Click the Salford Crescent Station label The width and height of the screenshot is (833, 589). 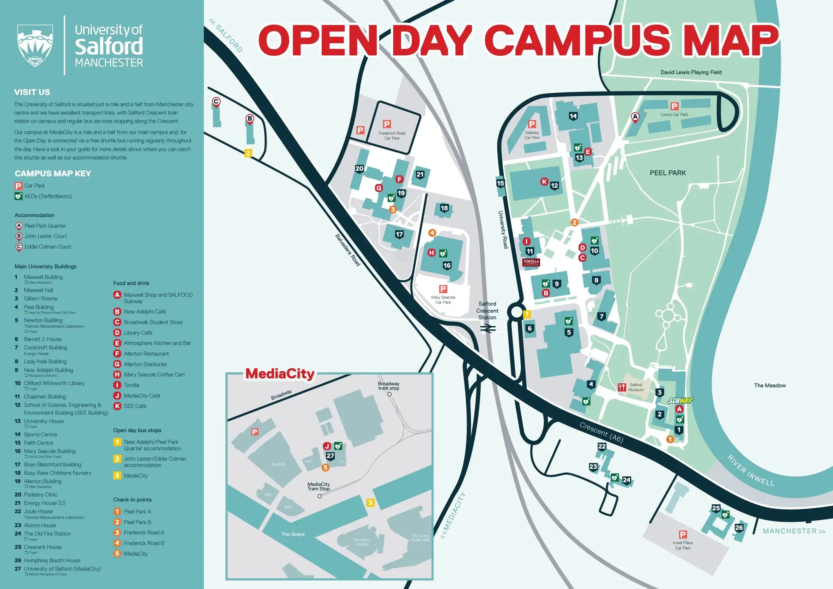point(487,311)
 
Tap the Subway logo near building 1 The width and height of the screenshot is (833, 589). point(680,401)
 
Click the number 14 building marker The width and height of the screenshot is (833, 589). point(573,116)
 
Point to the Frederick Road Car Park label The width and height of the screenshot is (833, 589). point(392,136)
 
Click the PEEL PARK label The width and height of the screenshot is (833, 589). point(667,173)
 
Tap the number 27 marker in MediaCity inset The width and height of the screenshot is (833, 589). point(330,456)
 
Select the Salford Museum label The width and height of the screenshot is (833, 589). point(636,387)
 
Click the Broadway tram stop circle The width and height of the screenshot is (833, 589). point(389,394)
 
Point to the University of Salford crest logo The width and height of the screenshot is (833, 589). point(35,45)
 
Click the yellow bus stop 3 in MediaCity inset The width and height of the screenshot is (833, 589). point(370,503)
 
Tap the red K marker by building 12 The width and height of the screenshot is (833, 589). point(544,182)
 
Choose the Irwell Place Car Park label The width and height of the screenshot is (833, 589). point(683,545)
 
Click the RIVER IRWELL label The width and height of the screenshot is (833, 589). point(750,471)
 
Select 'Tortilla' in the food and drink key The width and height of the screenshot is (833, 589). point(131,385)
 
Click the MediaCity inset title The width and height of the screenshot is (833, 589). point(280,374)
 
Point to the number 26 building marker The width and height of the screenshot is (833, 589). point(739,528)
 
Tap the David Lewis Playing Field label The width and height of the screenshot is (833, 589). point(691,72)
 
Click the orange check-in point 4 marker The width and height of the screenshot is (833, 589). point(432,233)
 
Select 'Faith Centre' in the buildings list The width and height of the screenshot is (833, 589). point(38,443)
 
